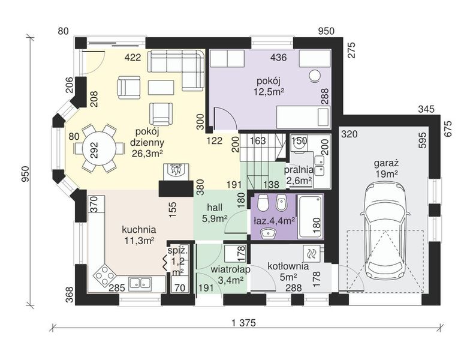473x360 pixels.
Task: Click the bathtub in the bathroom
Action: coord(310,216)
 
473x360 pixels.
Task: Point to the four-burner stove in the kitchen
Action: coord(104,275)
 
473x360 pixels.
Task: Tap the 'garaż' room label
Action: coord(387,163)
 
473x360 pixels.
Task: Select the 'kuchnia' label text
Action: coord(139,230)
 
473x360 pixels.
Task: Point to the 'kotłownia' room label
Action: coord(288,266)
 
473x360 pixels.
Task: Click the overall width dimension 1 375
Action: coord(244,323)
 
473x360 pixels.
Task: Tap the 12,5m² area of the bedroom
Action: coord(269,91)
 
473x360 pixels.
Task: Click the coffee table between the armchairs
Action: coord(161,88)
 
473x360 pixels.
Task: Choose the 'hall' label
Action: coord(215,208)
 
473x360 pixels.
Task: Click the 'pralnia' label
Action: coord(299,170)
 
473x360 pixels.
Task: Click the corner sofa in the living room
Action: coord(176,70)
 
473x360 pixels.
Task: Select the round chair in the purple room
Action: coord(316,76)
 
